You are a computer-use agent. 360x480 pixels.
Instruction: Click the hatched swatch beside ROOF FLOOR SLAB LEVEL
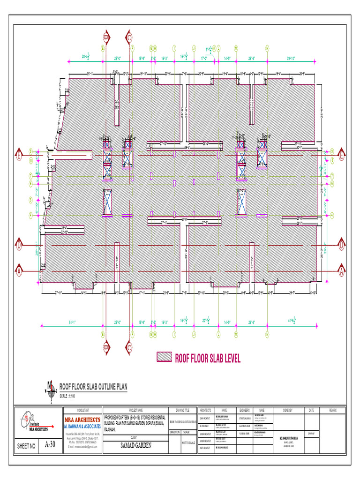click(164, 357)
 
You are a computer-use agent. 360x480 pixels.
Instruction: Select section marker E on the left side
click(20, 153)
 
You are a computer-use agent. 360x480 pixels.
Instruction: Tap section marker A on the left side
click(20, 271)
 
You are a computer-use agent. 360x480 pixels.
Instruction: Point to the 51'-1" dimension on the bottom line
click(73, 322)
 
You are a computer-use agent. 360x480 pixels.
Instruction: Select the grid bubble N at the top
click(267, 48)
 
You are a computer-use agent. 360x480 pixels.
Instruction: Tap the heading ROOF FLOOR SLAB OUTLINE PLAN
click(92, 387)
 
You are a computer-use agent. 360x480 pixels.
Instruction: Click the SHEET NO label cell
click(26, 446)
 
